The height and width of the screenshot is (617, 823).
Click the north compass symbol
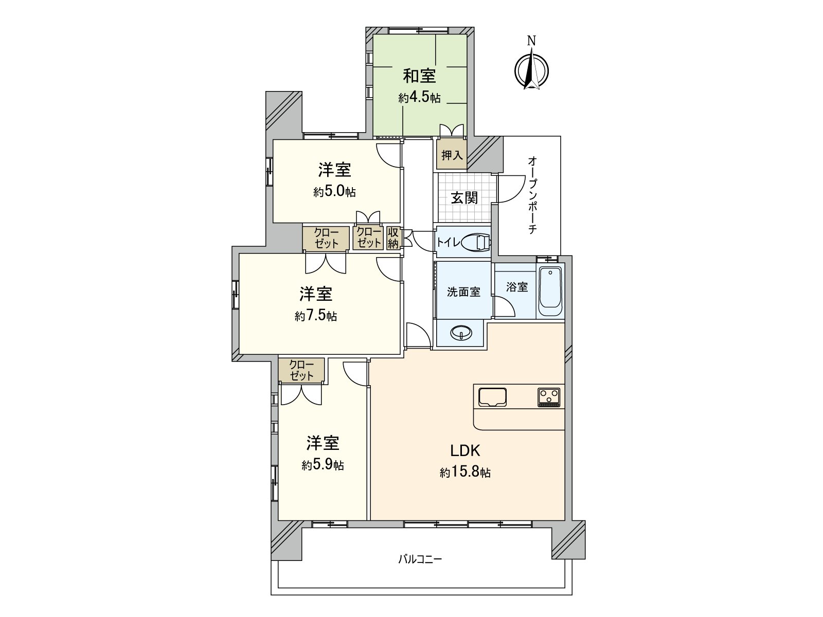532,69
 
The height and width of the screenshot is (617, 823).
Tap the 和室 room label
419,76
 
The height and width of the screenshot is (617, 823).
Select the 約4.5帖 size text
419,98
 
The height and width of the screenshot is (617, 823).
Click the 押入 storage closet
452,154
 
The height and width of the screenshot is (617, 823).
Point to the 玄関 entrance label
464,197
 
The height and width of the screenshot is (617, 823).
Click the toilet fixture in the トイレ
476,242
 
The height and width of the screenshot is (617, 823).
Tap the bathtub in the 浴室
550,292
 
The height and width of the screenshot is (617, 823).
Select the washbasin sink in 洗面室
460,334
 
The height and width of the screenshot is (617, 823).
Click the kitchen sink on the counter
492,397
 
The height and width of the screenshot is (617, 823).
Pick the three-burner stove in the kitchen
549,397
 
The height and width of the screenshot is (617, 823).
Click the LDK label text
465,451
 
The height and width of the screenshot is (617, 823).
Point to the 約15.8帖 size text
465,473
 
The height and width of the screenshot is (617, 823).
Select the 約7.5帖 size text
316,316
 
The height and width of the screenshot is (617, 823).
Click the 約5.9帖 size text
323,465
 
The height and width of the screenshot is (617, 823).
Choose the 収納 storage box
393,238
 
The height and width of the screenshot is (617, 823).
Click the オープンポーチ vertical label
532,195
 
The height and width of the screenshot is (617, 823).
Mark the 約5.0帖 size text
334,192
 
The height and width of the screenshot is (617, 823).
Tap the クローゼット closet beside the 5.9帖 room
301,370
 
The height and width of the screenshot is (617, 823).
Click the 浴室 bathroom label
517,287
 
